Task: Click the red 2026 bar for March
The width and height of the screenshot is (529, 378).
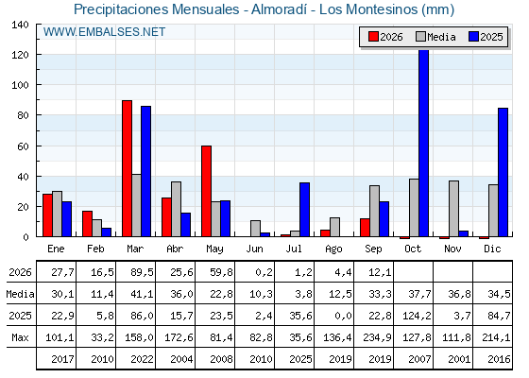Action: coord(127,168)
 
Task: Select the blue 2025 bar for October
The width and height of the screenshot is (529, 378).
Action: coord(424,143)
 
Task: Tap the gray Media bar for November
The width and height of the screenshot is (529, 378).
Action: coord(453,209)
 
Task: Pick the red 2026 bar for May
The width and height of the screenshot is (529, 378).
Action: coord(207,191)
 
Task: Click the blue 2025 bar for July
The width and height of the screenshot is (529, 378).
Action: coord(304,210)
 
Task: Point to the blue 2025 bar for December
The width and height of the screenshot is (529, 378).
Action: coord(503,172)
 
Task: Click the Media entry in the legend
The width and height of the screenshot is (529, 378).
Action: coord(436,37)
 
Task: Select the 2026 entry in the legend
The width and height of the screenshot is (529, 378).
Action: coord(385,37)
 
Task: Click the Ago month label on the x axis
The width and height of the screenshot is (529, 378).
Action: coord(333,249)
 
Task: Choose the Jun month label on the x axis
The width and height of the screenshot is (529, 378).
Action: coord(254,249)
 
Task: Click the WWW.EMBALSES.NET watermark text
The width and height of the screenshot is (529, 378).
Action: coord(104,32)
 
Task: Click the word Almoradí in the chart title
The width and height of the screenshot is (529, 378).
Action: coord(279,9)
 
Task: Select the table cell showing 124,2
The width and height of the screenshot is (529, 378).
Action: coord(417,316)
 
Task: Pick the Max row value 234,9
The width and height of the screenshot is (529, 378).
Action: coord(377,337)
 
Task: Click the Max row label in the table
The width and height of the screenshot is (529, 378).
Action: coord(20,337)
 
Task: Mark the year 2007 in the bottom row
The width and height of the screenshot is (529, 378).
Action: coord(419,359)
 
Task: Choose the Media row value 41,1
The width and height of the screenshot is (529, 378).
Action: coord(142,294)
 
